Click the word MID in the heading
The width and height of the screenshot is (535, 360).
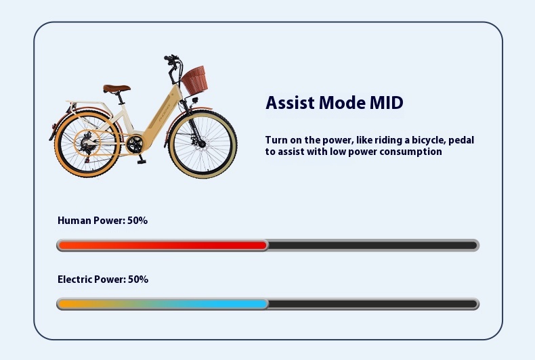pos(387,103)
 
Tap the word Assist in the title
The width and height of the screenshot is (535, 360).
pos(290,103)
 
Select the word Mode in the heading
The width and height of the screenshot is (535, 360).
pos(342,103)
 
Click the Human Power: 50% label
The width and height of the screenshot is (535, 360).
pos(103,221)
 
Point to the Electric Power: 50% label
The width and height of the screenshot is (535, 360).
pos(103,279)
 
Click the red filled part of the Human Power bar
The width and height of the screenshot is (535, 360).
pos(163,246)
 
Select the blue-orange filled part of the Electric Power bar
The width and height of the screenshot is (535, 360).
pos(163,304)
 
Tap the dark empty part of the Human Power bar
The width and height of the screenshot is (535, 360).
pos(372,246)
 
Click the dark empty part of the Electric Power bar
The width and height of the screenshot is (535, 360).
pos(372,304)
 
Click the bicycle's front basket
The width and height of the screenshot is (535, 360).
pos(194,80)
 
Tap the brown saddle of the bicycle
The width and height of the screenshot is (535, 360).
pos(116,89)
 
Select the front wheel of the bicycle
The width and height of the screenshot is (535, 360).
pos(202,144)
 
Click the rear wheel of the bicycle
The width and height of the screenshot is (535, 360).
pos(87,144)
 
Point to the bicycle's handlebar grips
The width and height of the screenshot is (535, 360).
pos(171,58)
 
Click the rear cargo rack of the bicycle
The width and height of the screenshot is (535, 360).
pos(89,104)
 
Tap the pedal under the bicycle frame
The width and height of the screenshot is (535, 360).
pos(142,161)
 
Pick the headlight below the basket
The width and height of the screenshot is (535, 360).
pos(195,100)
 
